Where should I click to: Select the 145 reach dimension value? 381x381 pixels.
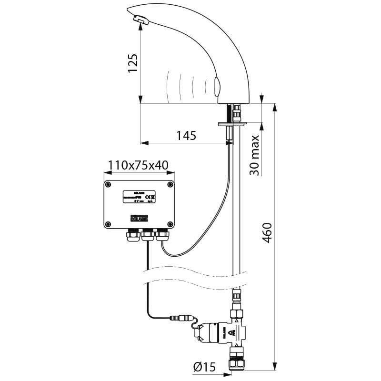point(186,136)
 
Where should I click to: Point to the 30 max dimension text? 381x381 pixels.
point(255,155)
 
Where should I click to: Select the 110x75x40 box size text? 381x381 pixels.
point(138,165)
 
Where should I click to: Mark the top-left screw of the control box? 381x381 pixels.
point(109,184)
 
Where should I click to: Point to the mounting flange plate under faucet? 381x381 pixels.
point(232,124)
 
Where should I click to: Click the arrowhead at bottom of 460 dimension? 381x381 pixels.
point(275,366)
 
